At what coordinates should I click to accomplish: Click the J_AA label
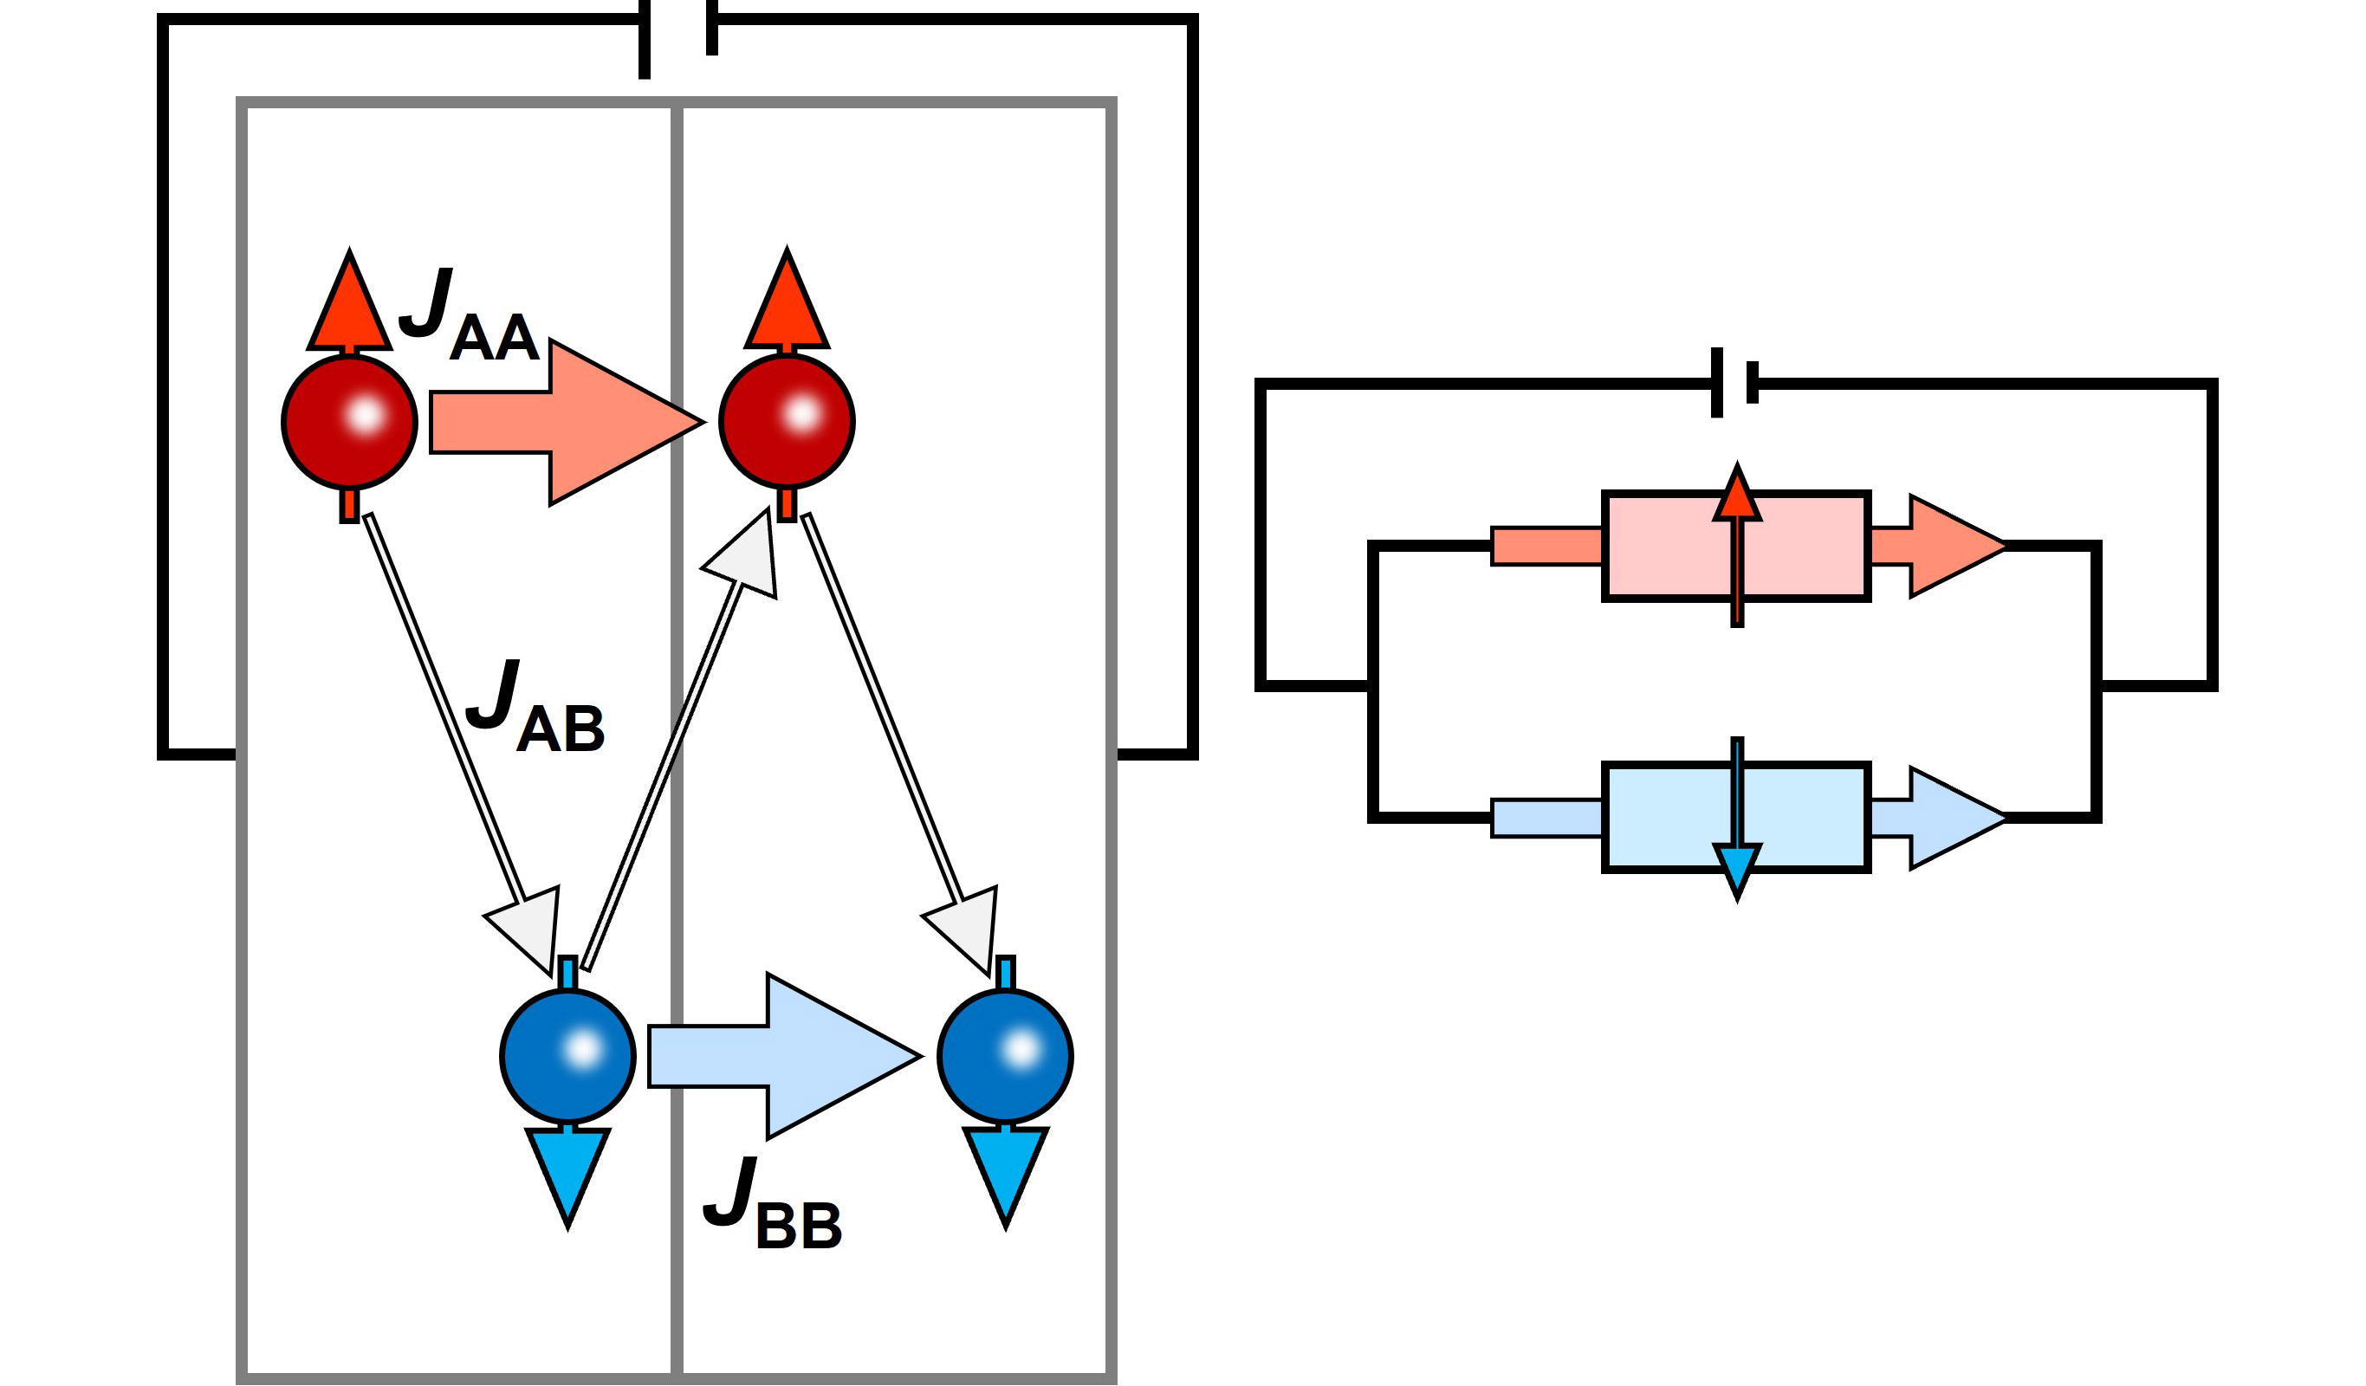[470, 316]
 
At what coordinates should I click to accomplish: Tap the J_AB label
[535, 706]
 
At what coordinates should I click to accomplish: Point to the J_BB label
[772, 1205]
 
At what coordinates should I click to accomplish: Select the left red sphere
[349, 423]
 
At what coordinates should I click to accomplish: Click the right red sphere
[787, 422]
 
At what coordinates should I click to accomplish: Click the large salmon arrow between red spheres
[563, 423]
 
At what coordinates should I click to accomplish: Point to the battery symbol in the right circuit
[1734, 382]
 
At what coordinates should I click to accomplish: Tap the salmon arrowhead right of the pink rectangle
[1953, 546]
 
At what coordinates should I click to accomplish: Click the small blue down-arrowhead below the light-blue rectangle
[1737, 868]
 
